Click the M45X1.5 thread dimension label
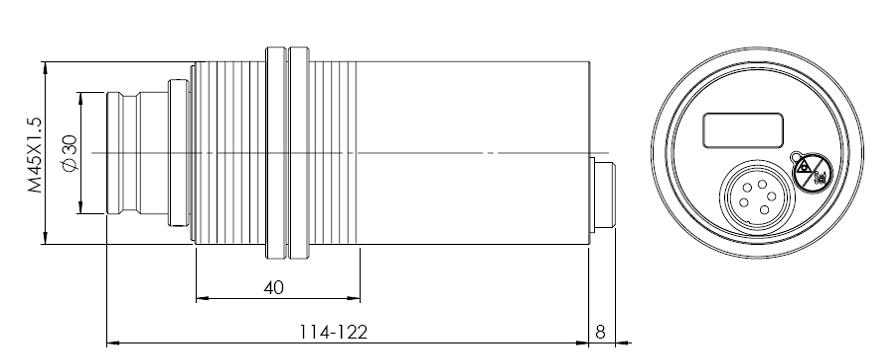point(35,155)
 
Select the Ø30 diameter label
point(70,154)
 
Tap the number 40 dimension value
point(274,288)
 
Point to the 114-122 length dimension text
point(333,332)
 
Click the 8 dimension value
point(600,332)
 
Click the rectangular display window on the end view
point(743,130)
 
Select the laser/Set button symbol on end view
point(812,173)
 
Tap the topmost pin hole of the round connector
point(761,184)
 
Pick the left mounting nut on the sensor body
point(276,153)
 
